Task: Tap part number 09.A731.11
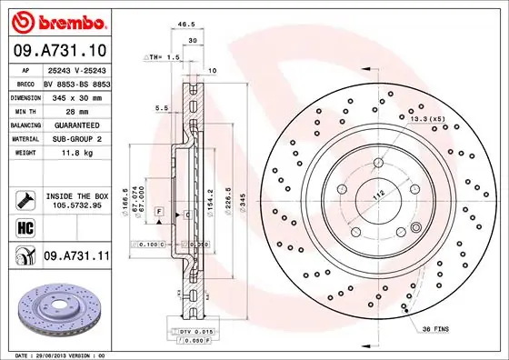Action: click(x=76, y=257)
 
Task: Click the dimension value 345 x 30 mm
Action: click(x=76, y=95)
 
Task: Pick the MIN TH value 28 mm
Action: click(x=76, y=109)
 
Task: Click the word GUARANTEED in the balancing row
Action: click(x=76, y=124)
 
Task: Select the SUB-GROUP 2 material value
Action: click(x=76, y=138)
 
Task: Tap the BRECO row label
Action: click(x=25, y=82)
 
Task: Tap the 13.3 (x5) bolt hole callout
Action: click(x=426, y=117)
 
